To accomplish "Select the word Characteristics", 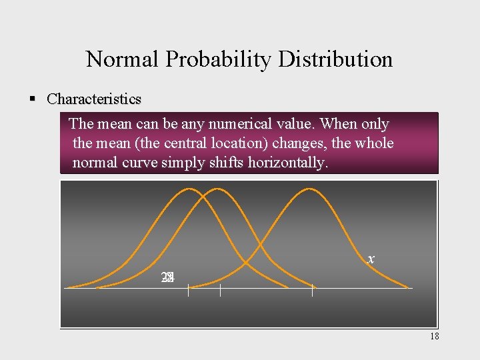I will tap(94, 99).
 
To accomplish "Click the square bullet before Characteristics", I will tap(31, 99).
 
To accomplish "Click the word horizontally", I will tap(288, 163).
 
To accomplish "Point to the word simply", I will tap(180, 163).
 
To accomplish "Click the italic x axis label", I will tap(371, 259).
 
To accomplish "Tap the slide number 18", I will tap(434, 337).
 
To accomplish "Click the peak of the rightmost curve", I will tap(308, 189).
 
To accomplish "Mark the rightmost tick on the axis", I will tap(312, 290).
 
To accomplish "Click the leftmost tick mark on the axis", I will tap(188, 290).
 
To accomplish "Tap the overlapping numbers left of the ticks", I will tap(167, 277).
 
